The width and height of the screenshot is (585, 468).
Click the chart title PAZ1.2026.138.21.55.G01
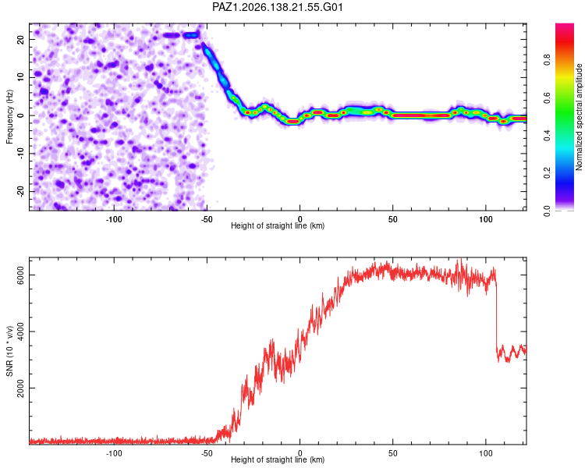[x=277, y=7]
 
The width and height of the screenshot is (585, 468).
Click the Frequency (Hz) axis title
[x=9, y=117]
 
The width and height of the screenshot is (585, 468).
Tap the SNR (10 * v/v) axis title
[x=9, y=351]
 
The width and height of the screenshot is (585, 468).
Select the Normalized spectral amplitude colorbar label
[x=579, y=117]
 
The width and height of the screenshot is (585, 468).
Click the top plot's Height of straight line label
[x=278, y=225]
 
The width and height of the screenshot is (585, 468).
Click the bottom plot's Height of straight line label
[x=278, y=459]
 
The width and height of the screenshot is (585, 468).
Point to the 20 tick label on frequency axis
[x=20, y=40]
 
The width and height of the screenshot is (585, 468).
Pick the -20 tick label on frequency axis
[x=20, y=191]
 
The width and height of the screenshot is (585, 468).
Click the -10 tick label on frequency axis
[x=20, y=154]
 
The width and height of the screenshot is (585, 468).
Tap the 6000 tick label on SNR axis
[x=20, y=275]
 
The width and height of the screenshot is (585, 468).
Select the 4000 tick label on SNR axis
[x=20, y=331]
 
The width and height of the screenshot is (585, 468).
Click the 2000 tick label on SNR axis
[x=20, y=388]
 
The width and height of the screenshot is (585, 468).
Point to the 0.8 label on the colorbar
[x=547, y=59]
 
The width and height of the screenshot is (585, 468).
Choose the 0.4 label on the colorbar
[x=547, y=135]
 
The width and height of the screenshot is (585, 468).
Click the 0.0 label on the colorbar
[x=547, y=211]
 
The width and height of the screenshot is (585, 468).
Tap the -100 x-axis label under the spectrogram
[x=114, y=219]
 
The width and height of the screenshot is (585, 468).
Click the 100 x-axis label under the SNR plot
[x=486, y=453]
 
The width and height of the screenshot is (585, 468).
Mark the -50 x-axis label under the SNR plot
[x=207, y=453]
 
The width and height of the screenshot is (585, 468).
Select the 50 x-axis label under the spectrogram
[x=393, y=219]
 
